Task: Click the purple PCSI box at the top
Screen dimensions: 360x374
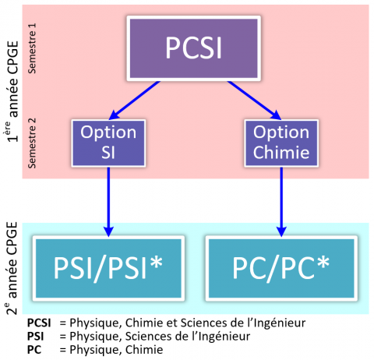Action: coord(192,48)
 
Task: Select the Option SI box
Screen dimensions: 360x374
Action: coord(108,143)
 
